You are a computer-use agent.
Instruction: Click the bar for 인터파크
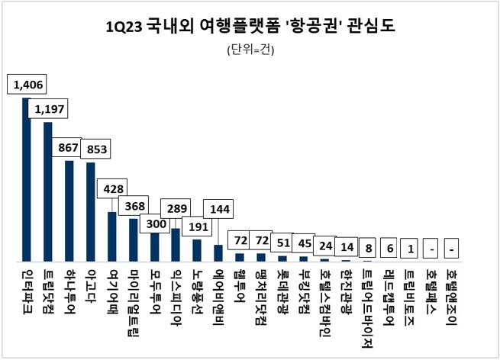point(26,179)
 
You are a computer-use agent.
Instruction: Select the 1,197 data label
point(50,110)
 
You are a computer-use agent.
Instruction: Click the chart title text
point(250,27)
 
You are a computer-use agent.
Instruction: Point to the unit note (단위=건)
point(250,51)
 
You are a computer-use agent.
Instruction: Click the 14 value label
point(348,248)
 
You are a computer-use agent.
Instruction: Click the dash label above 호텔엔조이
point(452,249)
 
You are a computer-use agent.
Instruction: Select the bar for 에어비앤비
point(218,252)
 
